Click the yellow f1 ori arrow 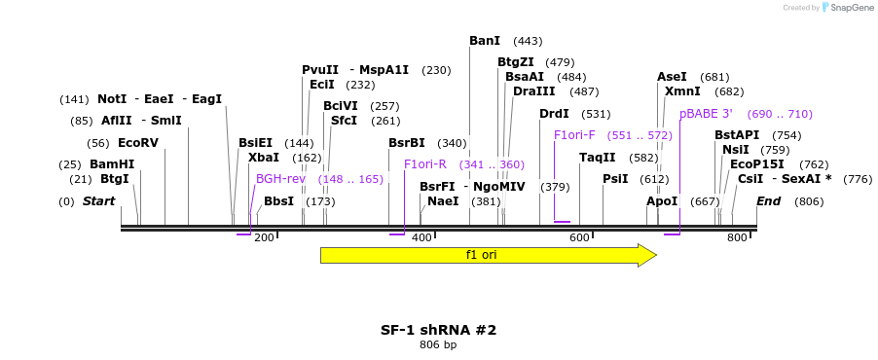[487, 255]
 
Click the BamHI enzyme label [112, 164]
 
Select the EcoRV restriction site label [137, 143]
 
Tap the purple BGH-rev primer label [280, 179]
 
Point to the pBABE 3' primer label [706, 114]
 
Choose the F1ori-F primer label [574, 135]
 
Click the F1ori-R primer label [424, 164]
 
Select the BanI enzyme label [485, 41]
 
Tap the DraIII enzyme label [534, 91]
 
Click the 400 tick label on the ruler [421, 237]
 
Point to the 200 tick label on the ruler [264, 237]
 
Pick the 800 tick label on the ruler [737, 237]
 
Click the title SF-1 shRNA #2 [438, 330]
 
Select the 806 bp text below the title [438, 344]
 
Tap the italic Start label [98, 201]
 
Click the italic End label [769, 201]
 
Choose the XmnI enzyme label [682, 91]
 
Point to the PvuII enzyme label [320, 70]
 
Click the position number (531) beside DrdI [596, 114]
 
